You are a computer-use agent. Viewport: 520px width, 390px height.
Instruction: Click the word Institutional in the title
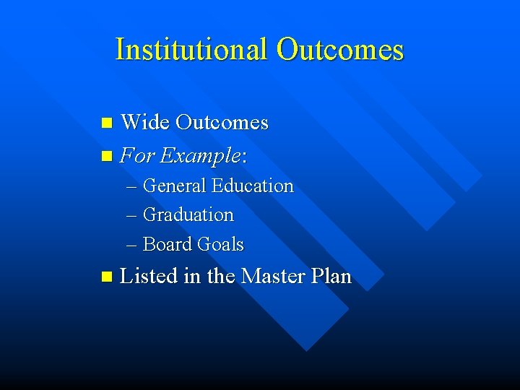point(191,50)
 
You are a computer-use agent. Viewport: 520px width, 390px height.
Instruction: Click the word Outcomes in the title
point(339,50)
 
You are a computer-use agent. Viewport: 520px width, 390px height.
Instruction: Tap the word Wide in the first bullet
point(144,123)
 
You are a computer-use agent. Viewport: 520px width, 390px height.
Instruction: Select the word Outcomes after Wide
point(221,123)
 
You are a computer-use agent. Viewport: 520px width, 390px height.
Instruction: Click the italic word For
point(136,155)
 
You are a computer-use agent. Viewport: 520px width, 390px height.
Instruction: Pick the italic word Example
point(199,155)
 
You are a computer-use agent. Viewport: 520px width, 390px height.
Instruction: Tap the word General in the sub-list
point(175,186)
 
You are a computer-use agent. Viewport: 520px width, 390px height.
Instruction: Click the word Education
point(253,186)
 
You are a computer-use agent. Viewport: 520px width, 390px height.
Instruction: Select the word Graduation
point(188,215)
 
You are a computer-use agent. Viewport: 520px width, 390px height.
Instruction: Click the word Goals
point(220,245)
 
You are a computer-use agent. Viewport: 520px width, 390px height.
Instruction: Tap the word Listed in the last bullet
point(149,276)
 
